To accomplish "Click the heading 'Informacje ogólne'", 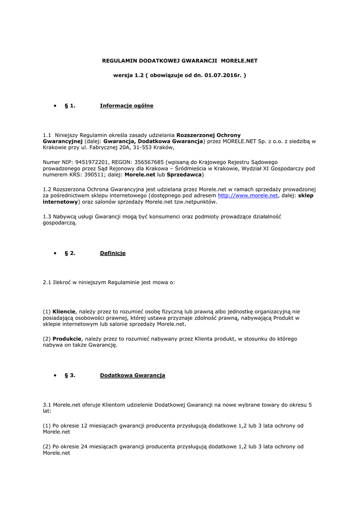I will coord(127,106).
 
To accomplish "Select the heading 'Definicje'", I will coord(113,253).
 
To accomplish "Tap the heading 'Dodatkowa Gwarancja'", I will coord(133,376).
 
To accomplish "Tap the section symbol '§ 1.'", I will coord(70,106).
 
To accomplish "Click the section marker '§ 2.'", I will coord(70,253).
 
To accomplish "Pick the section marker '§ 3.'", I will coord(70,376).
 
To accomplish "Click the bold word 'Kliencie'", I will coord(65,311).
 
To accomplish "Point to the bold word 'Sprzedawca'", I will coord(184,175).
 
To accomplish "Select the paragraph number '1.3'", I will coord(47,217).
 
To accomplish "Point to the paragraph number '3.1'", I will coord(47,405).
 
